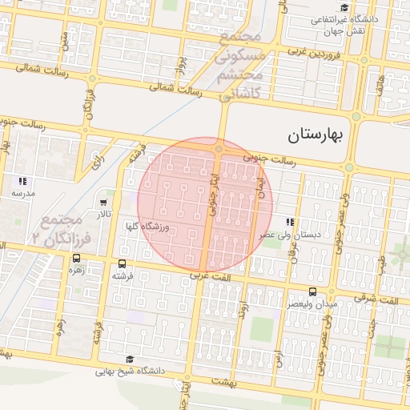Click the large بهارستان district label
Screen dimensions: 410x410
click(x=315, y=135)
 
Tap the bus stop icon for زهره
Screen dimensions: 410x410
click(x=76, y=258)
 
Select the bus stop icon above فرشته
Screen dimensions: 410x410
click(x=122, y=263)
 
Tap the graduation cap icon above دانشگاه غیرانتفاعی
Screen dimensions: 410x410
click(x=344, y=7)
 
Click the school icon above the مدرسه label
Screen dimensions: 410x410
click(x=22, y=182)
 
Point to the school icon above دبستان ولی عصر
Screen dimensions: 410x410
click(x=289, y=222)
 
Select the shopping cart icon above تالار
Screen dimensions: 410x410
click(x=104, y=203)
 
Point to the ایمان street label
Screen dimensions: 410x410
click(x=259, y=190)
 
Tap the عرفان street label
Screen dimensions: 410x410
click(x=294, y=251)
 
